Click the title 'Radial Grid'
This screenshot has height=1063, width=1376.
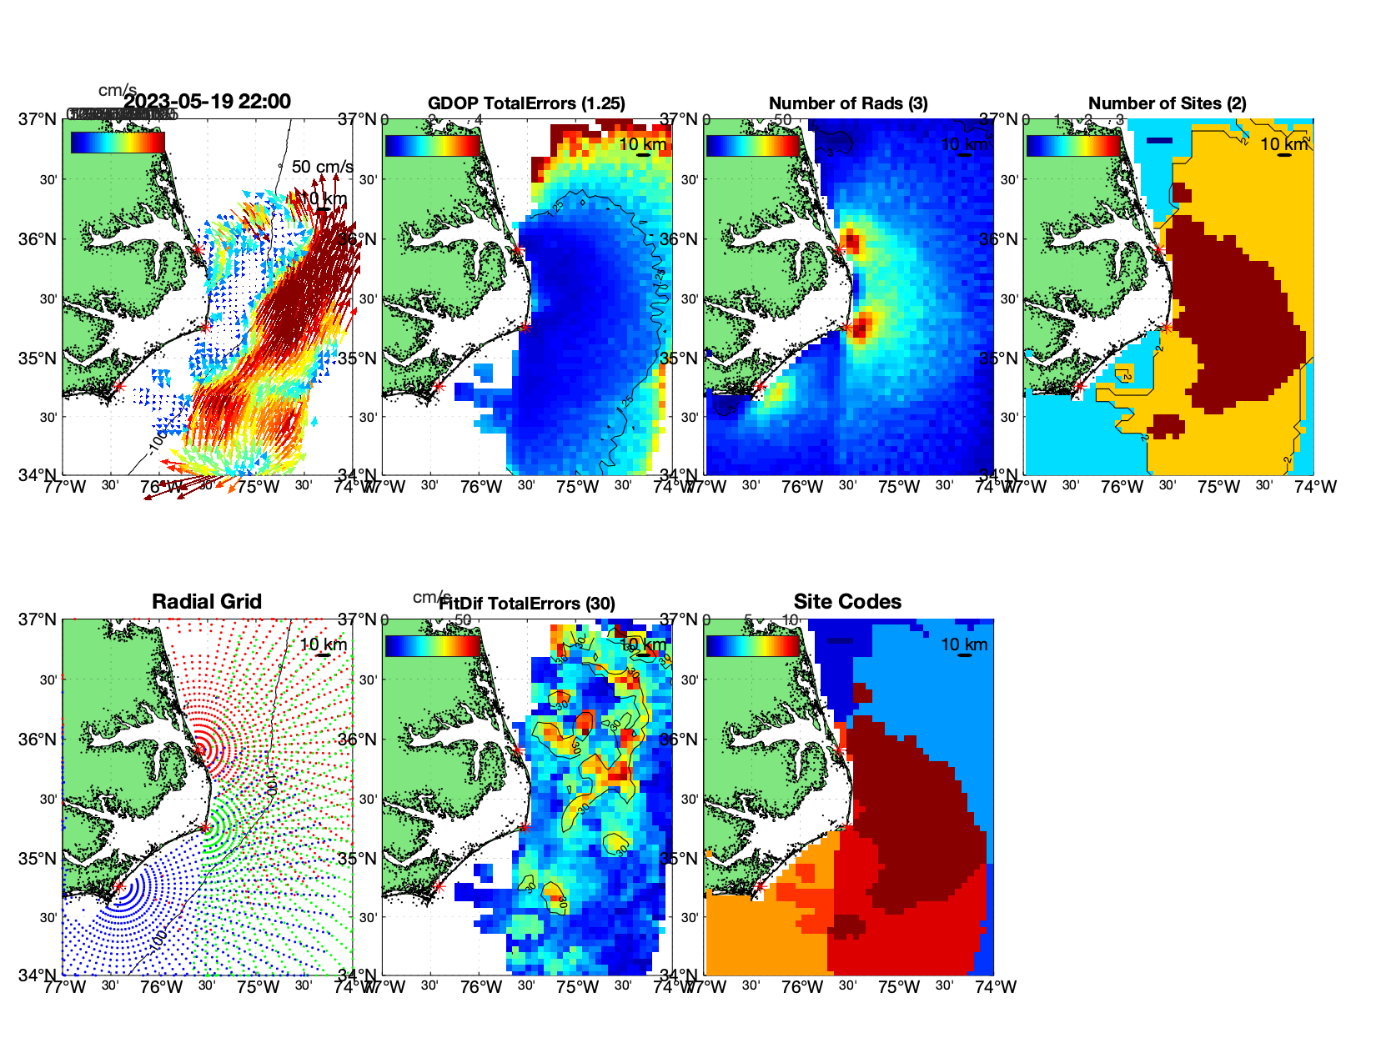tap(207, 602)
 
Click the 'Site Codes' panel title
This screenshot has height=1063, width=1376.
tap(847, 602)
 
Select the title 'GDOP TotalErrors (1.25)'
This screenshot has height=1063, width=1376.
tap(526, 103)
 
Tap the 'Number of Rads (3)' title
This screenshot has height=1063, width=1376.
tap(848, 103)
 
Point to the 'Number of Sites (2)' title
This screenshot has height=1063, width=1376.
tap(1168, 103)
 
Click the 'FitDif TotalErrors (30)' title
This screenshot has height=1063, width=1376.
tap(527, 604)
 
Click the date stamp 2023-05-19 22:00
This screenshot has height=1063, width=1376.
tap(208, 102)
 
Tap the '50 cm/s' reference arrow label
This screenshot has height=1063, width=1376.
tap(323, 167)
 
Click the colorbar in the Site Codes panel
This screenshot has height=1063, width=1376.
tap(752, 646)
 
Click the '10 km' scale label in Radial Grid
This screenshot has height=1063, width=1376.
tap(324, 644)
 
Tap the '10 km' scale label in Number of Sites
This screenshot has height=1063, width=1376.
tap(1284, 144)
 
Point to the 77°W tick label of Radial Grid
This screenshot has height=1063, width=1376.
tap(65, 987)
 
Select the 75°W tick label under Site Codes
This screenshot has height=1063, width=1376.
tap(899, 987)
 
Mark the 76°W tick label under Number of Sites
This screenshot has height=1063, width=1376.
tap(1122, 487)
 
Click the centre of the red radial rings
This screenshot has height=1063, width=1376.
tap(200, 750)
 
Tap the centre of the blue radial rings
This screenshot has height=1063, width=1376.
tap(119, 887)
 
